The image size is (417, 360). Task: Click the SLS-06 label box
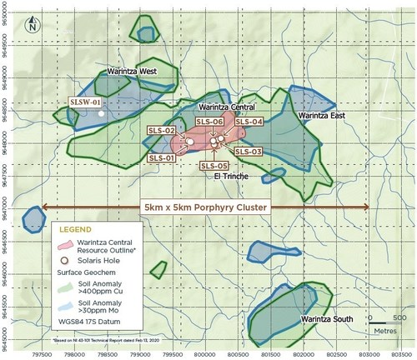209,122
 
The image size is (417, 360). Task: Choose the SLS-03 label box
249,152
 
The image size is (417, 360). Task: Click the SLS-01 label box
161,157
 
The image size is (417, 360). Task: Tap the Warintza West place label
128,72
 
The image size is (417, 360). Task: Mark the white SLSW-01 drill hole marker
101,113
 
